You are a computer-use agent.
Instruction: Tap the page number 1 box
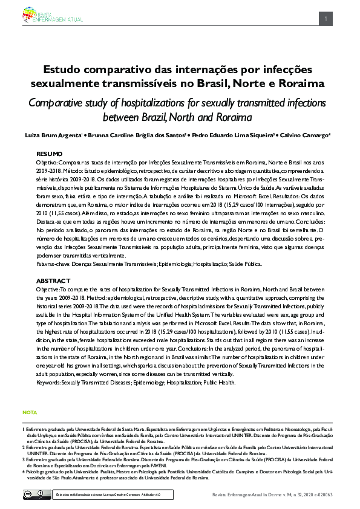[x=326, y=19]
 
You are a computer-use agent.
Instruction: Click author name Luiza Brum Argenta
[x=52, y=134]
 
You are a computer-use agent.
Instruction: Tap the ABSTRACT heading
[x=53, y=282]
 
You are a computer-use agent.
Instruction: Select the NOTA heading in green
[x=30, y=412]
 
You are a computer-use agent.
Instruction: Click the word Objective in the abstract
[x=50, y=290]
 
